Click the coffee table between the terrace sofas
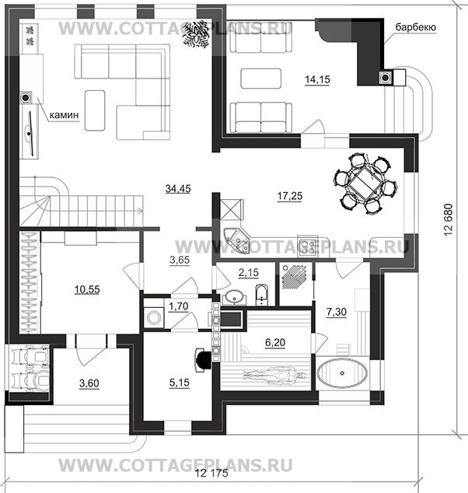(260, 78)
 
